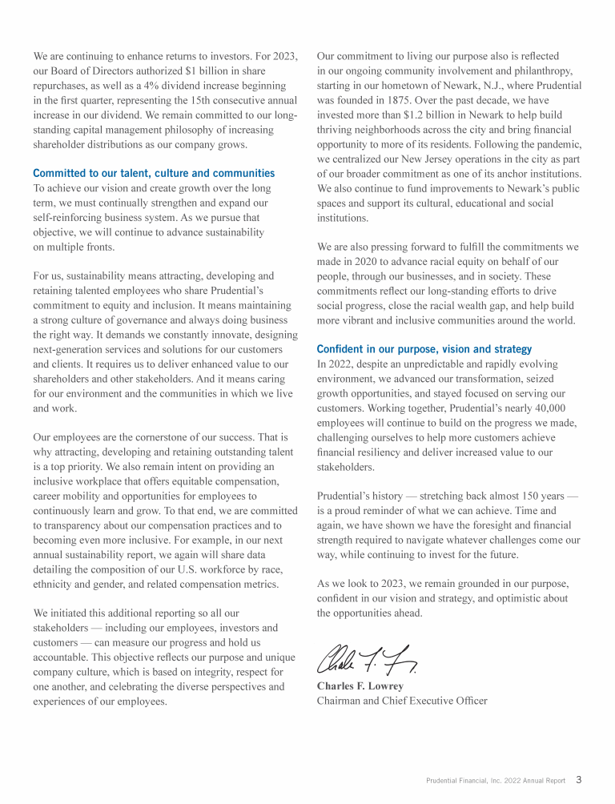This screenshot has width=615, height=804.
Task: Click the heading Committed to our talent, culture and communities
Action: pos(154,173)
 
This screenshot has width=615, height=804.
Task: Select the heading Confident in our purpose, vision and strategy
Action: pos(424,349)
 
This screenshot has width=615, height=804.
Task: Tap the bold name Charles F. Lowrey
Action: pos(360,686)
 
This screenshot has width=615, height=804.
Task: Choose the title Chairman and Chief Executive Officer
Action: pos(402,701)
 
